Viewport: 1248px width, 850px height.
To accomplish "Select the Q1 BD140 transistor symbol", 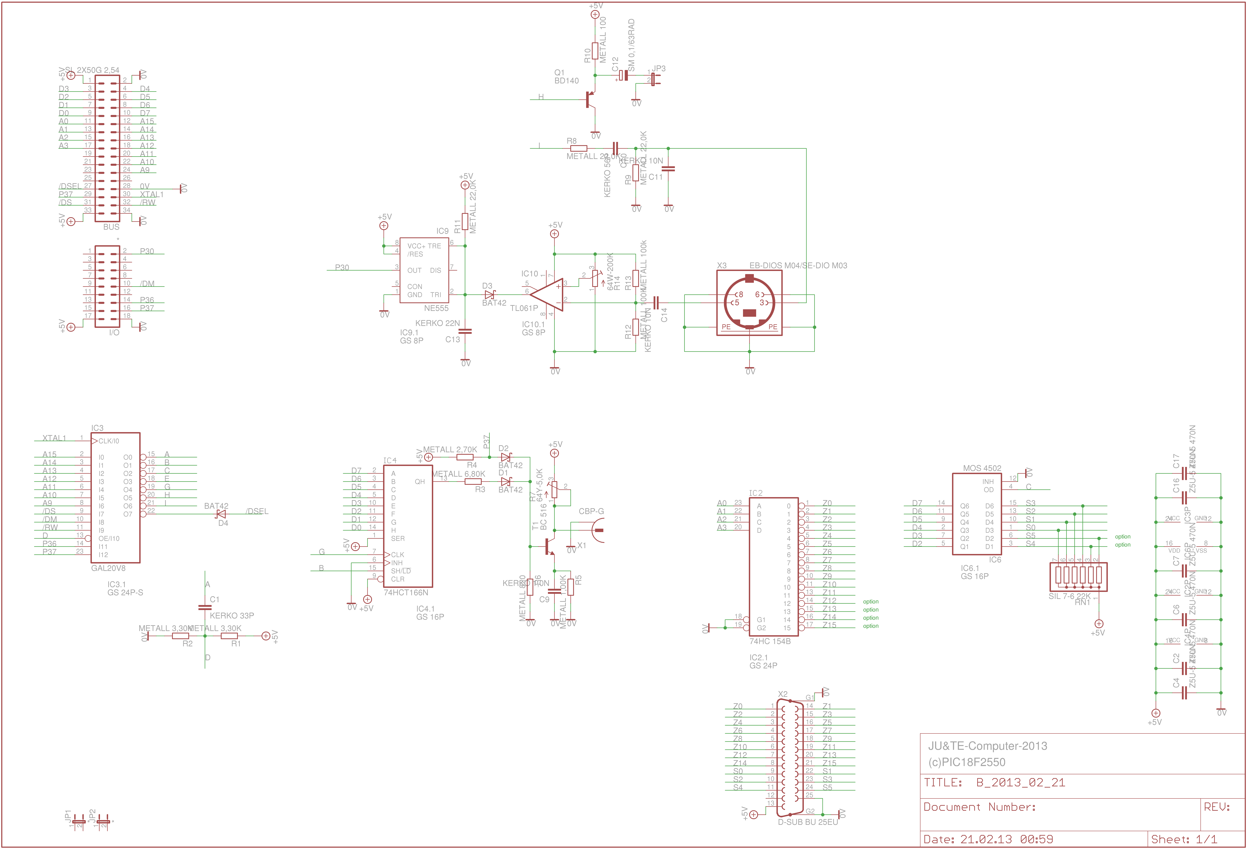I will click(x=591, y=99).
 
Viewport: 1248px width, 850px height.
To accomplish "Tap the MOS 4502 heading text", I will click(x=982, y=468).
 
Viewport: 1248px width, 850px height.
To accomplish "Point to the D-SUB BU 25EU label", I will click(x=808, y=822).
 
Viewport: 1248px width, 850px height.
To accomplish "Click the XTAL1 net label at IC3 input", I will click(x=54, y=438).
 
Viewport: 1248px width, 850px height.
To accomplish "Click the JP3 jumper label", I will click(x=659, y=69).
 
